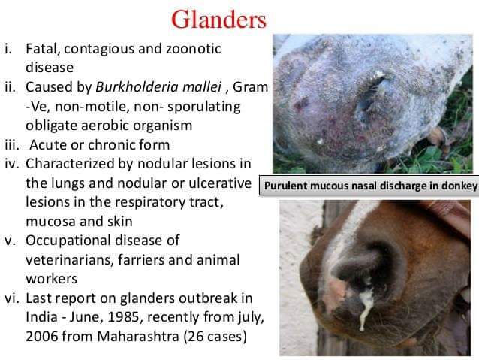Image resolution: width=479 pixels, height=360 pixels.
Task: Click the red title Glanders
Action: coord(218,20)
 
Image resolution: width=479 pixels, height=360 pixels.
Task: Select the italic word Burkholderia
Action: coord(137,87)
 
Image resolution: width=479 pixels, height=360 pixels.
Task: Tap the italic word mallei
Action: coord(202,87)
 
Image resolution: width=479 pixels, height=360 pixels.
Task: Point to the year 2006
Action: coord(41,337)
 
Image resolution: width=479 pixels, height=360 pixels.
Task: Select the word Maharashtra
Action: coord(138,337)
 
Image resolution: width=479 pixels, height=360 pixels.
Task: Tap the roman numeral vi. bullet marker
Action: coord(12,298)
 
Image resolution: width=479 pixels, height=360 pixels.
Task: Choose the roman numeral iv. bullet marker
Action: coord(13,164)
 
